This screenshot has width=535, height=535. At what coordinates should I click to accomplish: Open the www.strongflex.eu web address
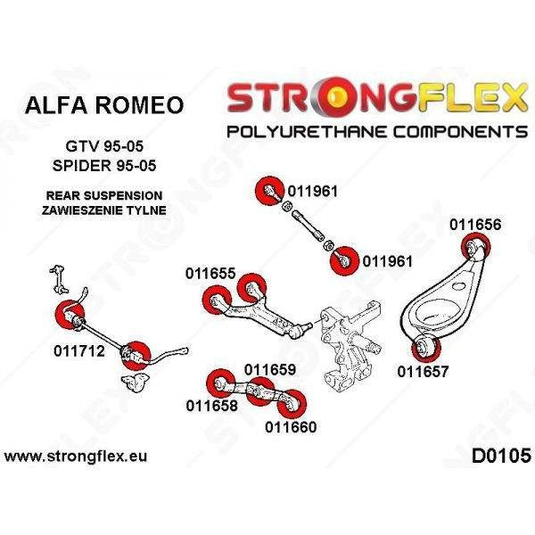click(x=77, y=456)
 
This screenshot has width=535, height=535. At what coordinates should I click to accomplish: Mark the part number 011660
click(x=291, y=426)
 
